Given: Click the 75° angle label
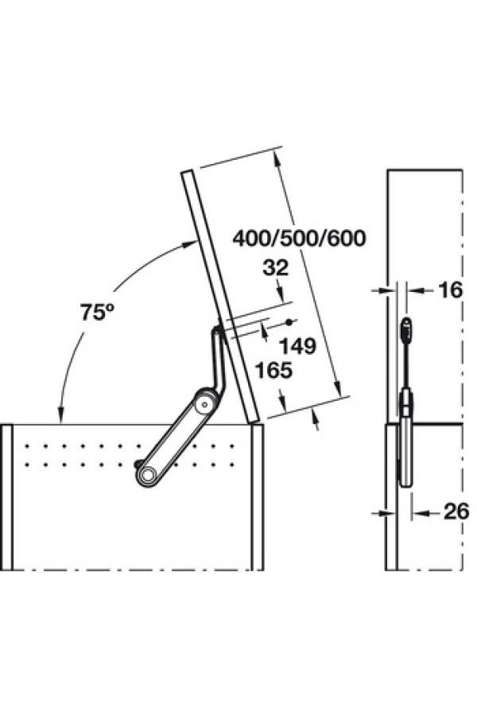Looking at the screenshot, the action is point(97,312).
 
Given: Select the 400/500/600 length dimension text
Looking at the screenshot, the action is point(300,239).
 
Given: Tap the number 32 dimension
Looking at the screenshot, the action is point(276,267).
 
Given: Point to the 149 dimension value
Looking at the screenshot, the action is point(297,347).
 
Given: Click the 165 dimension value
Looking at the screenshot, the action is point(273,370).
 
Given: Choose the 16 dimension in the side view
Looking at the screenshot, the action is point(450,290).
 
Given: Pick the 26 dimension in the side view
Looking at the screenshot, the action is point(456,512).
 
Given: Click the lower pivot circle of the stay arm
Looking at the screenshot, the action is point(147,476).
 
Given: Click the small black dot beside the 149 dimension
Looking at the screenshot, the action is point(289,322).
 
